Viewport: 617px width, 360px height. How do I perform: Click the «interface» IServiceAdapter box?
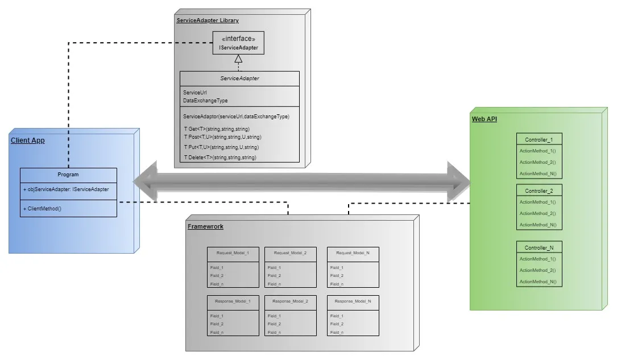[x=238, y=43]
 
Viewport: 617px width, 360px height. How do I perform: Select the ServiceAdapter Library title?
[x=208, y=20]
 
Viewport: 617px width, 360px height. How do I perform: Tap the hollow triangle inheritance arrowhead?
[x=239, y=59]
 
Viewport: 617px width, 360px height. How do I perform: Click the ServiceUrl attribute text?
[x=191, y=92]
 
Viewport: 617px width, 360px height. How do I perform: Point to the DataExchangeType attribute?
[x=205, y=101]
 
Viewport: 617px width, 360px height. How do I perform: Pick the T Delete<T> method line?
[x=220, y=157]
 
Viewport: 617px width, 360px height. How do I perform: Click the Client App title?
[x=27, y=140]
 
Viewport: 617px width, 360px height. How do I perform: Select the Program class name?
[x=68, y=175]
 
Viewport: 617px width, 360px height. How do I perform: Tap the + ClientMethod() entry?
[x=43, y=209]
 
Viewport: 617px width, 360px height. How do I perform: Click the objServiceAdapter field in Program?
[x=66, y=189]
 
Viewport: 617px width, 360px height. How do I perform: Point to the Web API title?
[x=485, y=119]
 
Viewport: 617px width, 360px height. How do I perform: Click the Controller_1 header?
[x=539, y=139]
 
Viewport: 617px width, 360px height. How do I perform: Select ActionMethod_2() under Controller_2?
[x=537, y=213]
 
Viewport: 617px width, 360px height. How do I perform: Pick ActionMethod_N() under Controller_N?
[x=537, y=282]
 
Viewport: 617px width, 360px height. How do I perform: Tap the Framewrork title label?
[x=205, y=226]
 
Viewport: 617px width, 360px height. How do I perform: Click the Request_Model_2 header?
[x=290, y=253]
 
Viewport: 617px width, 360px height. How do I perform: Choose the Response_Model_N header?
[x=353, y=301]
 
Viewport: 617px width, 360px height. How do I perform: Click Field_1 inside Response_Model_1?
[x=217, y=316]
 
